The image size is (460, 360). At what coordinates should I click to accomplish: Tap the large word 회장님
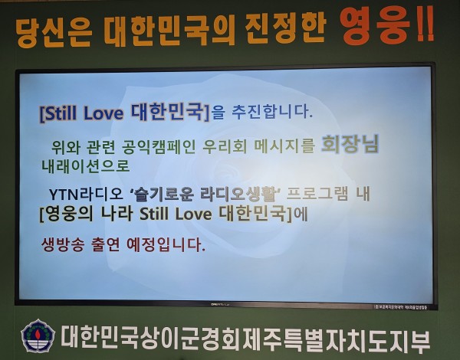point(350,145)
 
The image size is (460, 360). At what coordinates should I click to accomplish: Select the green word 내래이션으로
point(85,166)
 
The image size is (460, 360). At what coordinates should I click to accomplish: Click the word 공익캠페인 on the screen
point(158,146)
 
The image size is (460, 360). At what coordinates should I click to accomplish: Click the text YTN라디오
point(85,194)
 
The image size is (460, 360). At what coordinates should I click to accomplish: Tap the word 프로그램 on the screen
point(317,193)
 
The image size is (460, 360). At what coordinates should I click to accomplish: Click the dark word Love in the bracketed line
point(194,214)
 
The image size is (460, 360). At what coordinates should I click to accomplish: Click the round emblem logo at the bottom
point(38,336)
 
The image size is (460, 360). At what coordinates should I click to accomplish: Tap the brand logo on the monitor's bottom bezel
point(220,304)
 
